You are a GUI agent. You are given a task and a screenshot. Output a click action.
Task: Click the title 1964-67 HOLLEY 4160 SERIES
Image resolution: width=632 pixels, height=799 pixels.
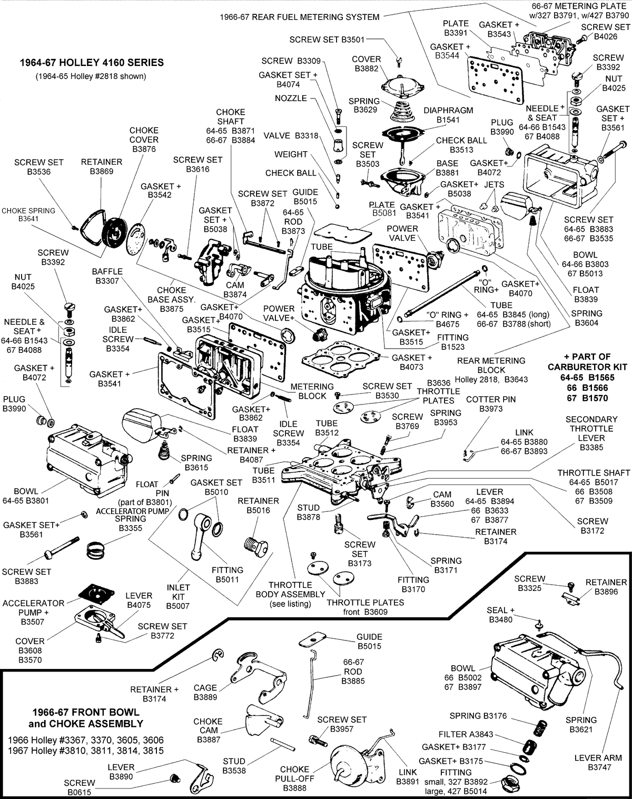[92, 62]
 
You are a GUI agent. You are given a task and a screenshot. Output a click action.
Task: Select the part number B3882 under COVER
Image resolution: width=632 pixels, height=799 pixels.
[367, 68]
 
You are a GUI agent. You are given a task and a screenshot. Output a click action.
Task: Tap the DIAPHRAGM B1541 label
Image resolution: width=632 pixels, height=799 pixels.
[448, 115]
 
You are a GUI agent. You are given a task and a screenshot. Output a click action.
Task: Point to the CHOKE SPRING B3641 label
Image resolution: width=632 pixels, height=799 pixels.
[28, 214]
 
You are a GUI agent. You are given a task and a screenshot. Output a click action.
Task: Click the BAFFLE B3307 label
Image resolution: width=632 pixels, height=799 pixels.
[107, 276]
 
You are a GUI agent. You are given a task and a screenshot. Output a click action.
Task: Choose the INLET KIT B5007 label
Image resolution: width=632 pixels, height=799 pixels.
[178, 597]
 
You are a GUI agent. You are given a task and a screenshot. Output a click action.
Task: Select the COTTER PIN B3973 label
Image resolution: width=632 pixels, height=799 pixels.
[491, 404]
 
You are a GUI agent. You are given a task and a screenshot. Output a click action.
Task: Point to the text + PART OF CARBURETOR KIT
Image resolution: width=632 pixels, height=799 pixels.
[587, 362]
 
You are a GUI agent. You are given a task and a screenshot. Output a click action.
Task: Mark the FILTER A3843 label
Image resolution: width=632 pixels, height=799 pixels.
[466, 734]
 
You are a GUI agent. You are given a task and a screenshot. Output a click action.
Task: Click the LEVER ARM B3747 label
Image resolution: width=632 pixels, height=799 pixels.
[598, 762]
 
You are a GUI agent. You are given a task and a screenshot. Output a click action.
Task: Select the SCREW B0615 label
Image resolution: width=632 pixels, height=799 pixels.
[80, 787]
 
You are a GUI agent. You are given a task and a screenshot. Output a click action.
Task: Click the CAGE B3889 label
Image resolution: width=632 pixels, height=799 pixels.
[205, 692]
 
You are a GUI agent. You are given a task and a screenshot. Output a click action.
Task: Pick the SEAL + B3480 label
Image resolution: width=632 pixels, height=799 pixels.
[500, 615]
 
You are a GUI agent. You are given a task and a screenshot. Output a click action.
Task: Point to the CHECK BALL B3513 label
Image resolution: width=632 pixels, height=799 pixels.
[461, 145]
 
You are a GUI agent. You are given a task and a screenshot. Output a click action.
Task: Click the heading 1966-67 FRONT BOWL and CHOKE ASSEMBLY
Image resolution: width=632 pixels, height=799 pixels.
[86, 718]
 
